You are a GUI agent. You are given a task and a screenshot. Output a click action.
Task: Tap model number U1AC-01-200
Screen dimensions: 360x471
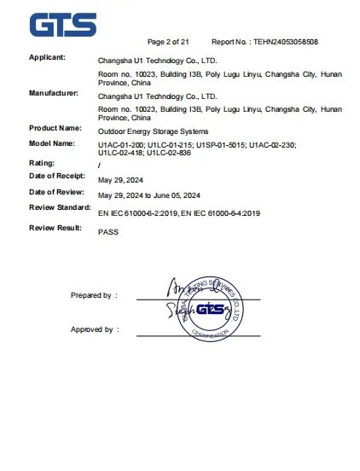click(x=121, y=147)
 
